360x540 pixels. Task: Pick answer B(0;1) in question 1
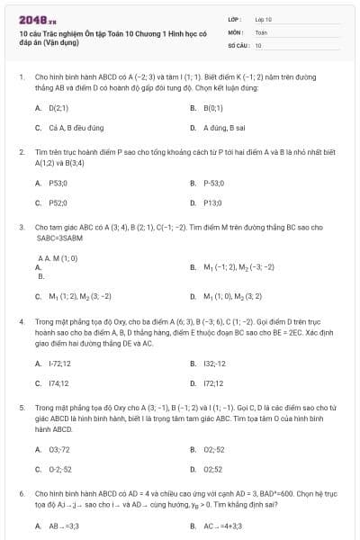pyautogui.click(x=211, y=107)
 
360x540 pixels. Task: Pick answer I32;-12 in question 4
pyautogui.click(x=214, y=364)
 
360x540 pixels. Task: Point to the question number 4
pyautogui.click(x=21, y=319)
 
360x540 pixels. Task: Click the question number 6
pyautogui.click(x=21, y=494)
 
